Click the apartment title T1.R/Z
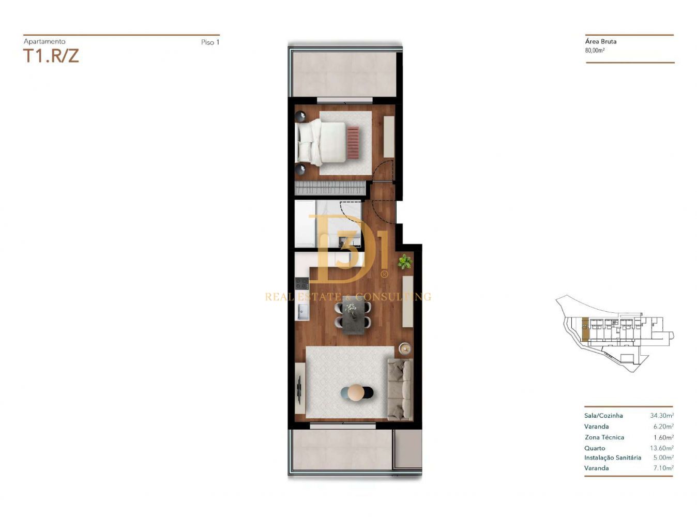click(51, 56)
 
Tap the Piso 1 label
click(210, 42)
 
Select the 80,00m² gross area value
click(595, 50)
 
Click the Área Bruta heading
click(600, 41)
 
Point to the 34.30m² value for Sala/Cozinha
click(662, 415)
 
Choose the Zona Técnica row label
click(604, 437)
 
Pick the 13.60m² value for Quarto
click(662, 448)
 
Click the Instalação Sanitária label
click(613, 458)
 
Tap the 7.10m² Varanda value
click(663, 468)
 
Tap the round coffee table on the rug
click(357, 392)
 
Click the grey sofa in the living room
click(399, 390)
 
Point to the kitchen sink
click(302, 312)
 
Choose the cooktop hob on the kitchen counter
click(302, 283)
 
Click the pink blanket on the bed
click(353, 142)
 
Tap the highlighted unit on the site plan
click(585, 329)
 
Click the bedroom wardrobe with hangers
click(330, 188)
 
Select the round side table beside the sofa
click(405, 348)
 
